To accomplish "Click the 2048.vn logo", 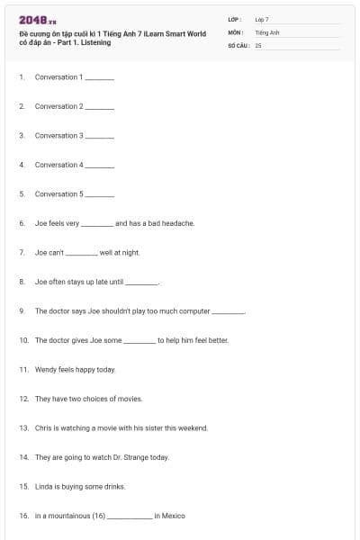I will point(37,20).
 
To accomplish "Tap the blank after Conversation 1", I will point(100,78).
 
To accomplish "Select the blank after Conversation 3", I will point(100,137).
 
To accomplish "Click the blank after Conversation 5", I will point(100,195).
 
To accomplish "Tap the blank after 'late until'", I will point(141,283).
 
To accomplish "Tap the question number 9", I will point(22,310).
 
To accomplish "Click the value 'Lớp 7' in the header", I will point(262,19).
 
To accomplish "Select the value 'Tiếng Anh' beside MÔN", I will point(267,31).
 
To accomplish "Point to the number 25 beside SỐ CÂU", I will point(258,44).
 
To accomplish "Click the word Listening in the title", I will point(95,42).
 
